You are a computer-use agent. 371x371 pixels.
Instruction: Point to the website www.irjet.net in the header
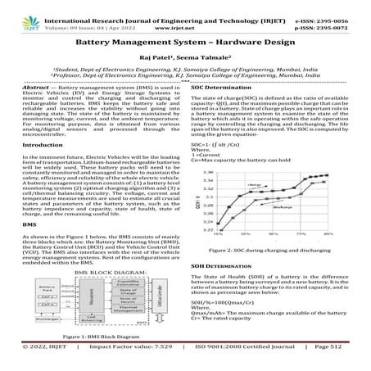point(185,15)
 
